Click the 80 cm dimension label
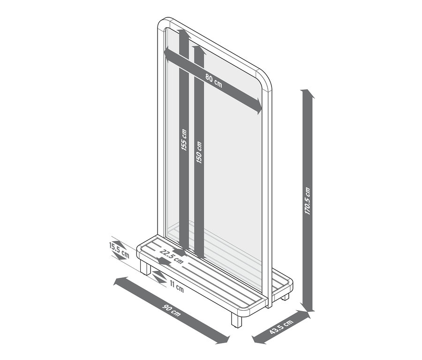tap(214, 80)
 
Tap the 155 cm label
tap(184, 140)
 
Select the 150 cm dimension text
tap(199, 153)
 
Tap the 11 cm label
tap(177, 286)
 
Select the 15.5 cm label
tap(119, 250)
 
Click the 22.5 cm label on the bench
tap(171, 256)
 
